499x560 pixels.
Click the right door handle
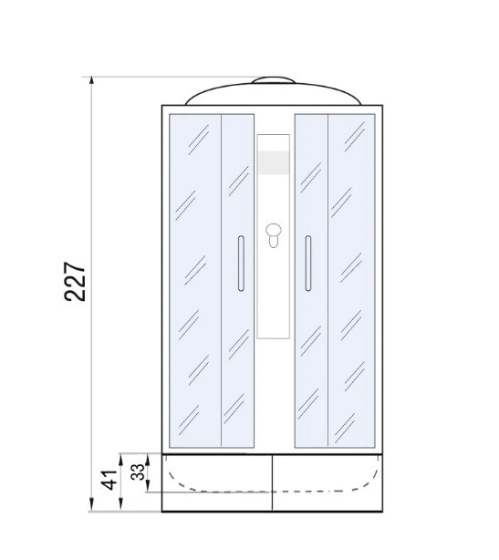click(x=307, y=263)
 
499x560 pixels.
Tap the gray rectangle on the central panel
click(x=273, y=163)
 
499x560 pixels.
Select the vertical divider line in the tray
click(x=272, y=483)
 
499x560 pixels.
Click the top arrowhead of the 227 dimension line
click(x=92, y=81)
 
